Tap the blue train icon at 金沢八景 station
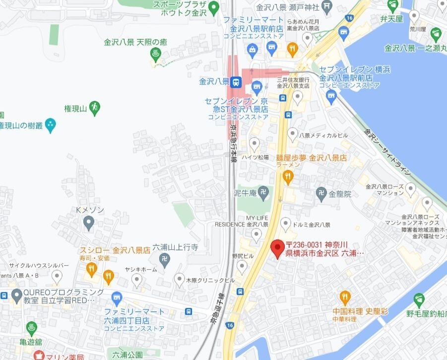click(237, 81)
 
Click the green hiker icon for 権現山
click(95, 106)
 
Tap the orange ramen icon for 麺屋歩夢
click(288, 176)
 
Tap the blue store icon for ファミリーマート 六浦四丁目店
click(117, 299)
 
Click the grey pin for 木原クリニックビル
click(180, 279)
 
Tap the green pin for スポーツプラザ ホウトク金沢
click(214, 7)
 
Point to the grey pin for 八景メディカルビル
click(293, 134)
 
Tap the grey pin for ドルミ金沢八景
click(286, 223)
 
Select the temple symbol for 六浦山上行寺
click(165, 258)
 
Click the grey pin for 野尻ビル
click(242, 267)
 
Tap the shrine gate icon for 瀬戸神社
click(326, 6)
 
